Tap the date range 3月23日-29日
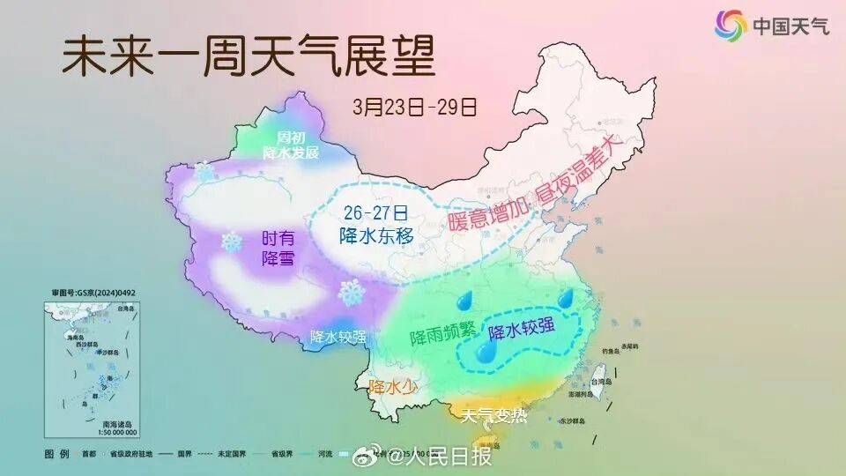pyautogui.click(x=414, y=108)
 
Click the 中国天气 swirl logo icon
pyautogui.click(x=731, y=25)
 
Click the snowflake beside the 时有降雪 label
pyautogui.click(x=232, y=241)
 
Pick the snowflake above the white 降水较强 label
pyautogui.click(x=352, y=293)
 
